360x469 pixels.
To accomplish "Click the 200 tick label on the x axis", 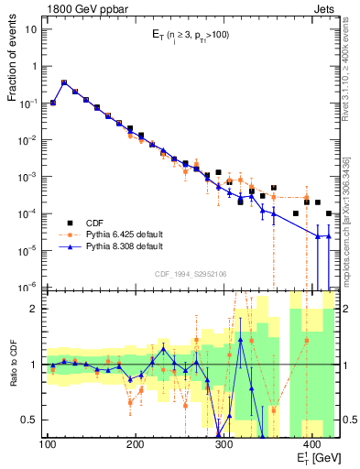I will [x=136, y=444].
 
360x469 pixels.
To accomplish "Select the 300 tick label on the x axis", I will [x=223, y=444].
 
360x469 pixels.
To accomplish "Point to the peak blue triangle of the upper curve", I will [x=64, y=82].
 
